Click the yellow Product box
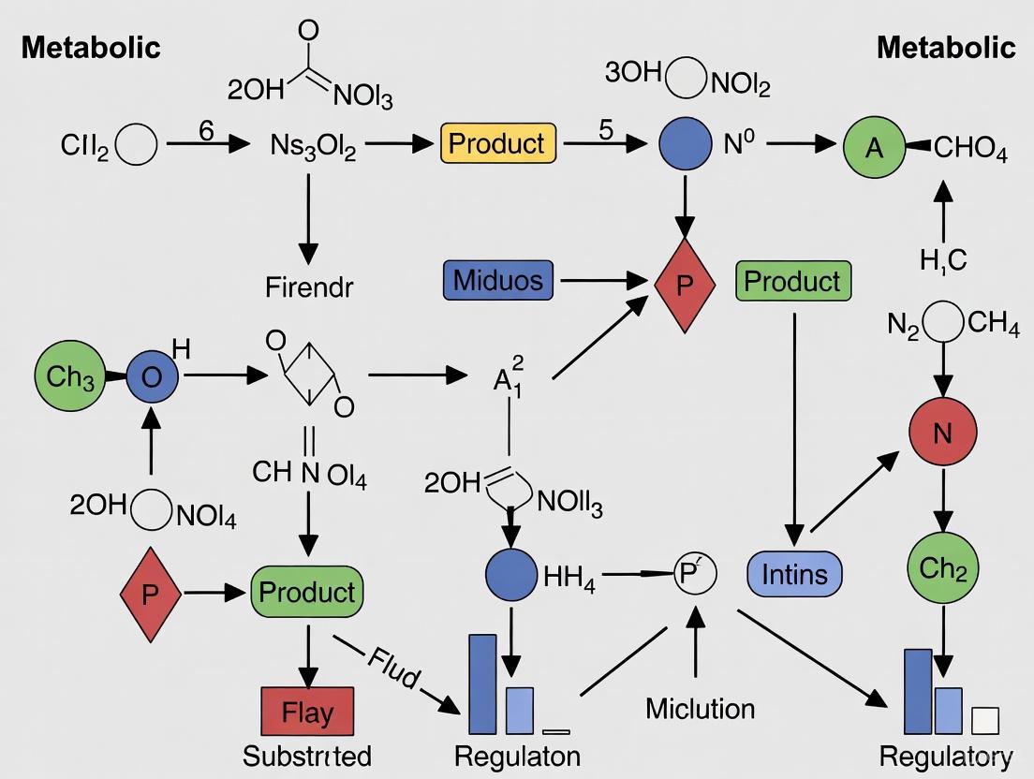pos(498,144)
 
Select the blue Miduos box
pos(498,280)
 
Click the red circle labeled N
pos(943,432)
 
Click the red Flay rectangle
pos(307,713)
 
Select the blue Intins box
pos(794,573)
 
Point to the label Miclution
pos(700,709)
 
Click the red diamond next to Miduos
pos(685,285)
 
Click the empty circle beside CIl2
pos(137,146)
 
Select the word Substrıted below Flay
pos(307,757)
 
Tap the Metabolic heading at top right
pos(946,48)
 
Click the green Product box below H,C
pos(794,281)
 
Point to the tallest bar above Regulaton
pos(482,683)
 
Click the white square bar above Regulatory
pos(985,720)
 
